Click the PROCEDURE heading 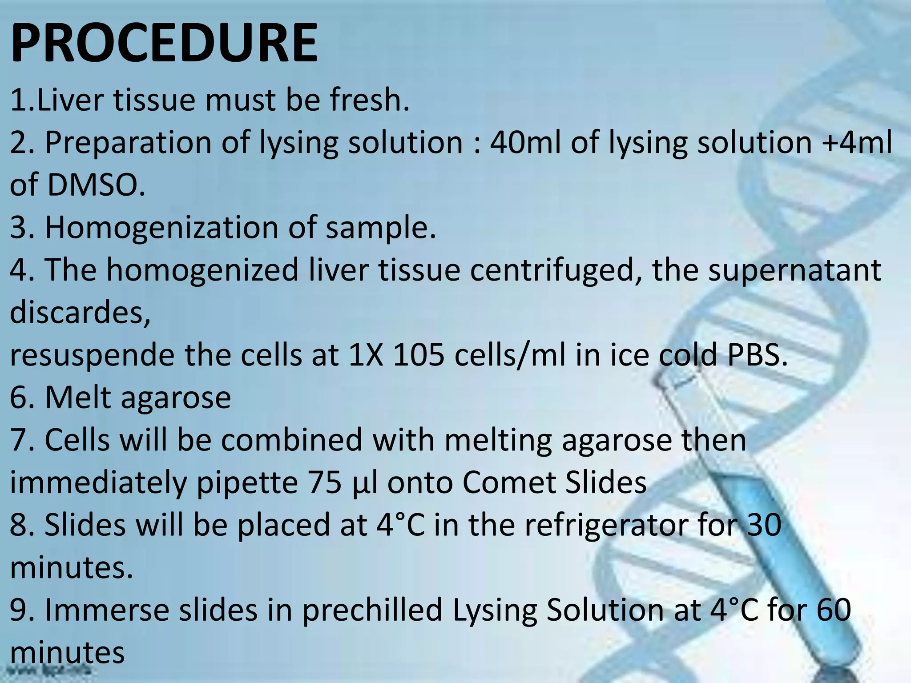pyautogui.click(x=164, y=43)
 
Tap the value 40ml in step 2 pyautogui.click(x=525, y=143)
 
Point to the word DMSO pyautogui.click(x=96, y=185)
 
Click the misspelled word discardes pyautogui.click(x=80, y=313)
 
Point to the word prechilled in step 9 pyautogui.click(x=372, y=610)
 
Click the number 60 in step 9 pyautogui.click(x=834, y=610)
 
